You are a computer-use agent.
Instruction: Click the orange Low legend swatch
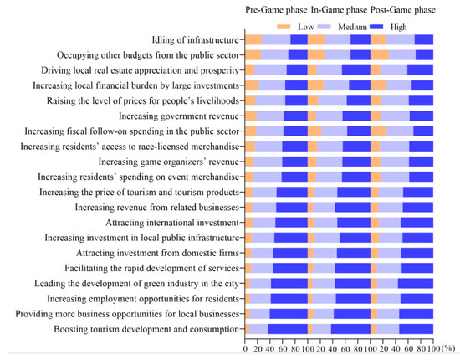(x=284, y=27)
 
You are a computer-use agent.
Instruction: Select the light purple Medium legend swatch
(x=324, y=27)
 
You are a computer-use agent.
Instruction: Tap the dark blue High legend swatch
(x=376, y=27)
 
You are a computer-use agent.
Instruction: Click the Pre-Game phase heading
(x=276, y=10)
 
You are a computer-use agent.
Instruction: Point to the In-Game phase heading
(x=339, y=10)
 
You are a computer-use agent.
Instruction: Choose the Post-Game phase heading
(x=403, y=10)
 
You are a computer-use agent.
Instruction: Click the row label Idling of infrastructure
(x=195, y=39)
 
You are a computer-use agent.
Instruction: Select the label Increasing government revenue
(x=179, y=116)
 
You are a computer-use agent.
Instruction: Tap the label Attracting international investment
(x=172, y=223)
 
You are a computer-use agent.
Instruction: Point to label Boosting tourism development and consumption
(x=146, y=329)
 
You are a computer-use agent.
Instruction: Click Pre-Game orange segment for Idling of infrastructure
(x=253, y=39)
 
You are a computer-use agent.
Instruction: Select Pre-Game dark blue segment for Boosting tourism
(x=288, y=329)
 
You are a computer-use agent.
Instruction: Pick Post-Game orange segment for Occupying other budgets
(x=380, y=55)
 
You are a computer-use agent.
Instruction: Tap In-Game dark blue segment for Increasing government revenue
(x=356, y=116)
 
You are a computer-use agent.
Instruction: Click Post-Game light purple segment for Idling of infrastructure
(x=400, y=39)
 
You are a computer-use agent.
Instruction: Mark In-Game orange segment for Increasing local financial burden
(x=315, y=85)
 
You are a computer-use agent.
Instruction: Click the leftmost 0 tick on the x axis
(x=245, y=349)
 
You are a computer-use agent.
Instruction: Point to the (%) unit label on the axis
(x=447, y=348)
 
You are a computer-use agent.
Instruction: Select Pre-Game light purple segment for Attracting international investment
(x=263, y=223)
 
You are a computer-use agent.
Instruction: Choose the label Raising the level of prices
(x=143, y=100)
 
